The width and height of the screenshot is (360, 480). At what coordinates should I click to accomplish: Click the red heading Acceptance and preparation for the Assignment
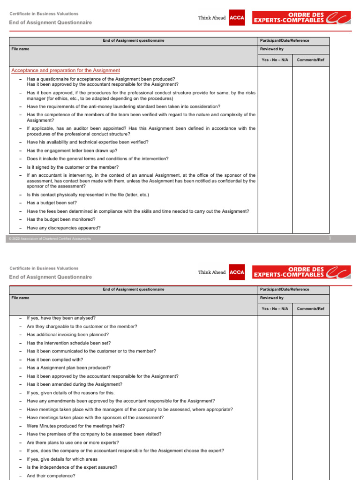tap(65, 70)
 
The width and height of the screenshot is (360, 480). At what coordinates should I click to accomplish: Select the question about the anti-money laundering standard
tap(123, 106)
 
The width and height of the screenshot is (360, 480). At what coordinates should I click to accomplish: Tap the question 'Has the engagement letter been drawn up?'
tap(72, 150)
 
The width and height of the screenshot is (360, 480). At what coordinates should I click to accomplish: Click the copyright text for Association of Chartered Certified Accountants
tap(50, 239)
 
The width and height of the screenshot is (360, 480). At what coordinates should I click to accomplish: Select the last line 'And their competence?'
tap(51, 476)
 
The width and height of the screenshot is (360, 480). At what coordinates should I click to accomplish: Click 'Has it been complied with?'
tap(55, 360)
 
